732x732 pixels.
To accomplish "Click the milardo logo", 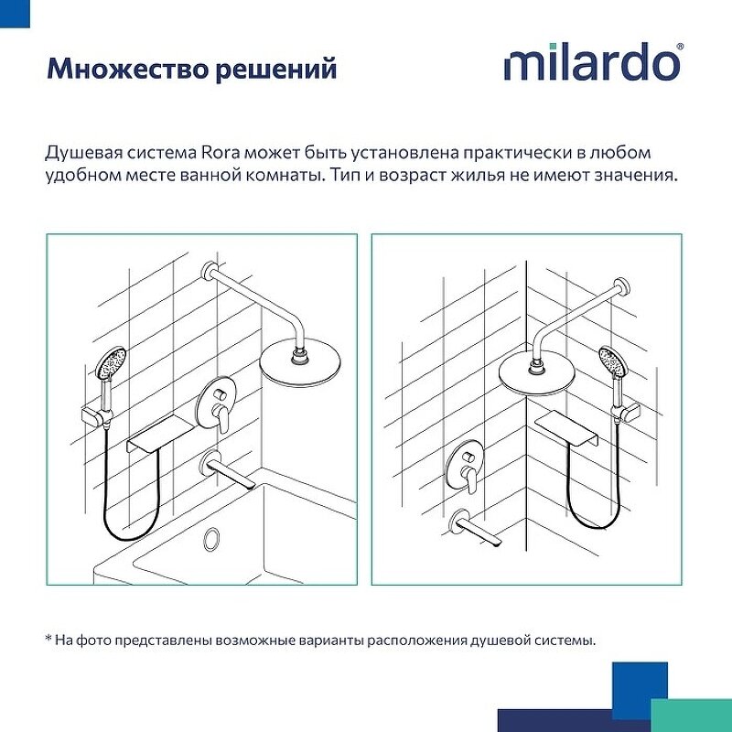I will (592, 63).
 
